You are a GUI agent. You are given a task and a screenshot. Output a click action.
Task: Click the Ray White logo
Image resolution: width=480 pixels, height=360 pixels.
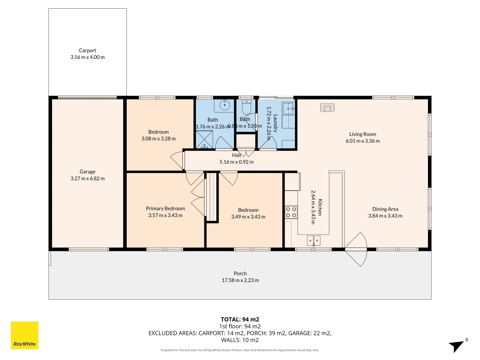tap(25, 335)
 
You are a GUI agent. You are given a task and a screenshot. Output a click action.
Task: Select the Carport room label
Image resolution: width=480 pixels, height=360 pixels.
tap(87, 50)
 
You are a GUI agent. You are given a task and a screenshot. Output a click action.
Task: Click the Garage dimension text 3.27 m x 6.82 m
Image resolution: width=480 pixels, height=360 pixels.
tap(87, 178)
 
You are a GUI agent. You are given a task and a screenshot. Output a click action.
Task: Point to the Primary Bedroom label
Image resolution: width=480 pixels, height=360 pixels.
tap(165, 208)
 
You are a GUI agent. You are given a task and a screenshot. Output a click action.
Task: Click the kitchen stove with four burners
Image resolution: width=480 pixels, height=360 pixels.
tap(291, 212)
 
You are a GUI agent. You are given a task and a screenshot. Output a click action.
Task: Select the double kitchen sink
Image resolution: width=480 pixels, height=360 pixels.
tap(313, 240)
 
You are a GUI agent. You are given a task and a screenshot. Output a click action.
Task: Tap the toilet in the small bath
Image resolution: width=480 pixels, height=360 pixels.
tap(246, 107)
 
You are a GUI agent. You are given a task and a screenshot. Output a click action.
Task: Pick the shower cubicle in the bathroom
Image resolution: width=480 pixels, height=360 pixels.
tap(204, 140)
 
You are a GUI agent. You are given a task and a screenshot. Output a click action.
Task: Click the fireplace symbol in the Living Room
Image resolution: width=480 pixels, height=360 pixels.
tap(327, 107)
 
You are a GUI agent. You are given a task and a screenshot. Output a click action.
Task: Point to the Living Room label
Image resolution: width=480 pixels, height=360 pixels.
tap(363, 134)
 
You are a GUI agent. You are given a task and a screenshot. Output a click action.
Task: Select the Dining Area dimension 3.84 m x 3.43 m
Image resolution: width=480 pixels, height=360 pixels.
tap(385, 216)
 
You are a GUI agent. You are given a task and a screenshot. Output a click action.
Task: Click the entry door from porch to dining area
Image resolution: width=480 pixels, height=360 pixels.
tap(356, 249)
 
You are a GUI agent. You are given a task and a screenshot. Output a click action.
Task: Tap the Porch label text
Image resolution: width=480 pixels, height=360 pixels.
tap(240, 273)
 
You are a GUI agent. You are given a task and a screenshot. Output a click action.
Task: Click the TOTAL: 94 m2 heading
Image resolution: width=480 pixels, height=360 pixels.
tap(240, 319)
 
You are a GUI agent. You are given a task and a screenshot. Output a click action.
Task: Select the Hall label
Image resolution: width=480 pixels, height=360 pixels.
tap(236, 155)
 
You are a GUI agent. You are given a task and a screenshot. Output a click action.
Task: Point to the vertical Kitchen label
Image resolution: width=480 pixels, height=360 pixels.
tap(320, 207)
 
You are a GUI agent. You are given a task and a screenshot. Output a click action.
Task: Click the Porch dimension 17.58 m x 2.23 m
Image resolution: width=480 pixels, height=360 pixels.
tap(240, 280)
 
